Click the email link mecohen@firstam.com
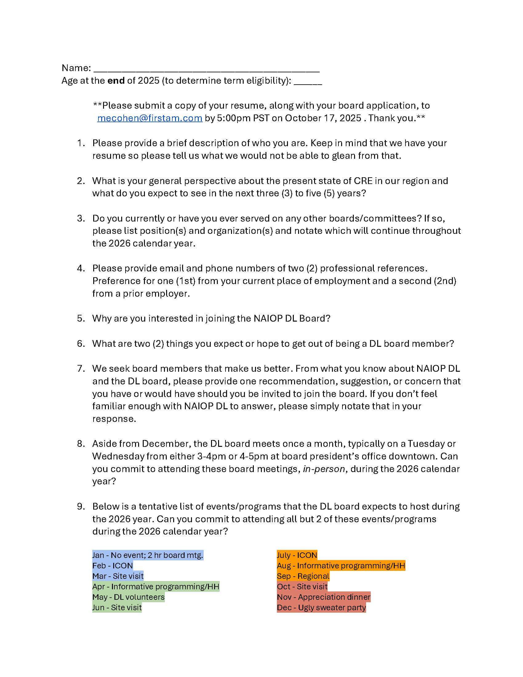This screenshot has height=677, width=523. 150,118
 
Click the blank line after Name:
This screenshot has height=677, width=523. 206,69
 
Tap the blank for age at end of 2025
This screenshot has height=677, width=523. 308,81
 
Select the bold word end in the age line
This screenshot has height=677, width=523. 116,81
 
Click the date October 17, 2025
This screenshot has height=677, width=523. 323,118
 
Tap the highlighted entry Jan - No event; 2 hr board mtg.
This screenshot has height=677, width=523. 148,555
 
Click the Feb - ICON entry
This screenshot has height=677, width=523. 113,565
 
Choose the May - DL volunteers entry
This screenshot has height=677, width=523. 128,597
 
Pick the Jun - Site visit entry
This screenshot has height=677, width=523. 117,607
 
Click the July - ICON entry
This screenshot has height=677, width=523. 297,555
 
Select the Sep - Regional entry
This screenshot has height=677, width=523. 303,576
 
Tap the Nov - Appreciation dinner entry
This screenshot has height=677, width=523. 323,597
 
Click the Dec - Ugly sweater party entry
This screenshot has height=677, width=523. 321,607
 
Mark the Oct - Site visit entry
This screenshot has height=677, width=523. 302,587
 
